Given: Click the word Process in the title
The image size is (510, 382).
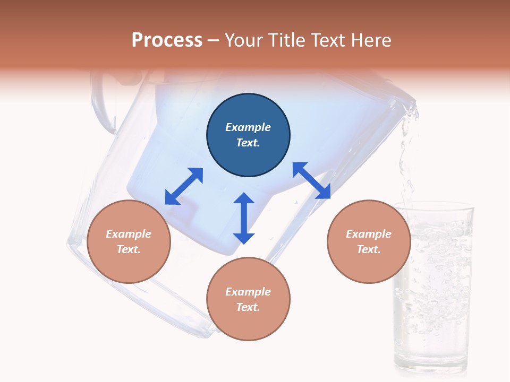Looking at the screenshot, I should tap(167, 40).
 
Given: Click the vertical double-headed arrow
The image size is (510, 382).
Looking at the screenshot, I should tap(244, 218).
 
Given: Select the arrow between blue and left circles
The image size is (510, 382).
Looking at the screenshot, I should tap(184, 186).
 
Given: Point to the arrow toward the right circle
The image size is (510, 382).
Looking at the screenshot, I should tap(311, 180).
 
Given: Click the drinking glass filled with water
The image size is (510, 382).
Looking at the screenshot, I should tap(433, 286).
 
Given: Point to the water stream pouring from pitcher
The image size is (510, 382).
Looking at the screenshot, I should tap(407, 159).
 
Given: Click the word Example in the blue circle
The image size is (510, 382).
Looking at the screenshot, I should tap(248, 127).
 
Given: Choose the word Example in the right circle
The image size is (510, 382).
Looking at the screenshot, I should tap(369, 234).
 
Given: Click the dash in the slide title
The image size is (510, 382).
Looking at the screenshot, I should tap(214, 40).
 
